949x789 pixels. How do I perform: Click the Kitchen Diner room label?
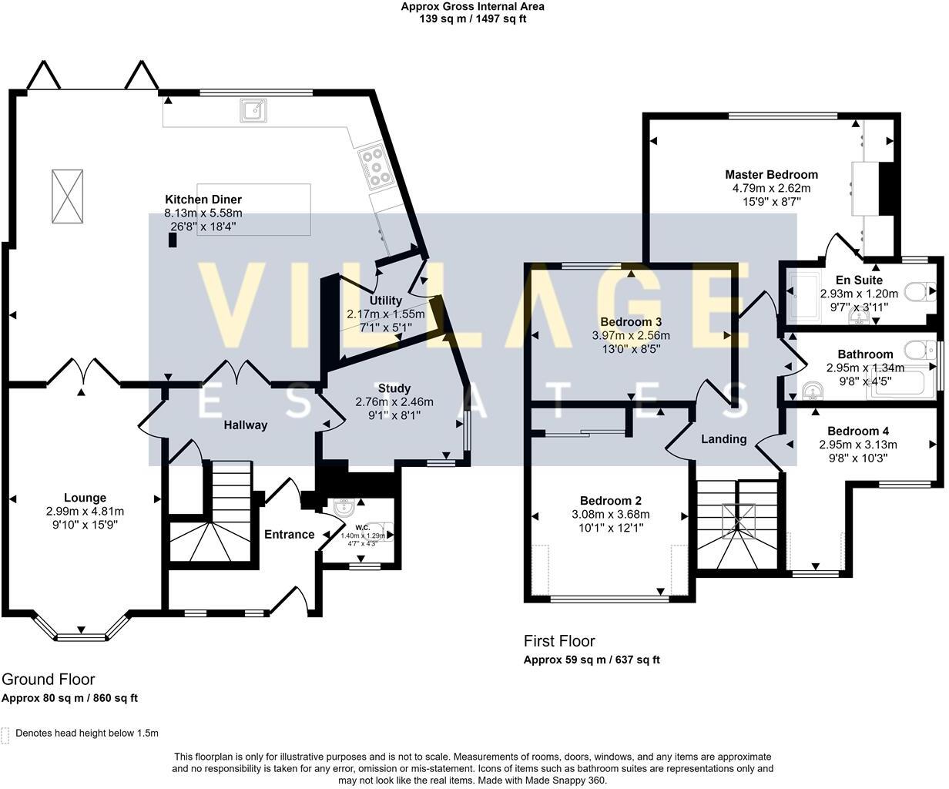pos(203,200)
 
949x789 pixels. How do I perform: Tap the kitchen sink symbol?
pos(253,110)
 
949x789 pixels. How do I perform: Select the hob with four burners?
pos(375,167)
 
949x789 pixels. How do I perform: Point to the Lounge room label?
pos(85,498)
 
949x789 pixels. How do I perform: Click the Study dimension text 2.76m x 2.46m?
pos(394,402)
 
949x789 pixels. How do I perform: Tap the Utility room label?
pos(385,300)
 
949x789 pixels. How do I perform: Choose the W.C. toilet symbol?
pos(380,532)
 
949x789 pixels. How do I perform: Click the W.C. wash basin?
pos(344,508)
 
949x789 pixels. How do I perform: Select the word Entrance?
pos(290,534)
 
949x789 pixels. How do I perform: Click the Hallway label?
pos(246,425)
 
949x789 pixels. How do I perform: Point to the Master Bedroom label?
pos(771,175)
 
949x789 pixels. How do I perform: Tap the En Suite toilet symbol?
pos(920,291)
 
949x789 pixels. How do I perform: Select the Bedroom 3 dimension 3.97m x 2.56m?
pos(631,336)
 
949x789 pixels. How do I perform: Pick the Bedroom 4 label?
pos(858,431)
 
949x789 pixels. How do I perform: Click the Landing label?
pos(723,439)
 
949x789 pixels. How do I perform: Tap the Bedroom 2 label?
pos(610,501)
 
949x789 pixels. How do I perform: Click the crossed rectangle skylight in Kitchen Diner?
pos(67,196)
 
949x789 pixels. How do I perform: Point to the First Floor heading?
pos(559,641)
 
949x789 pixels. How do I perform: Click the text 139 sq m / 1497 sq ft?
pos(473,19)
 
